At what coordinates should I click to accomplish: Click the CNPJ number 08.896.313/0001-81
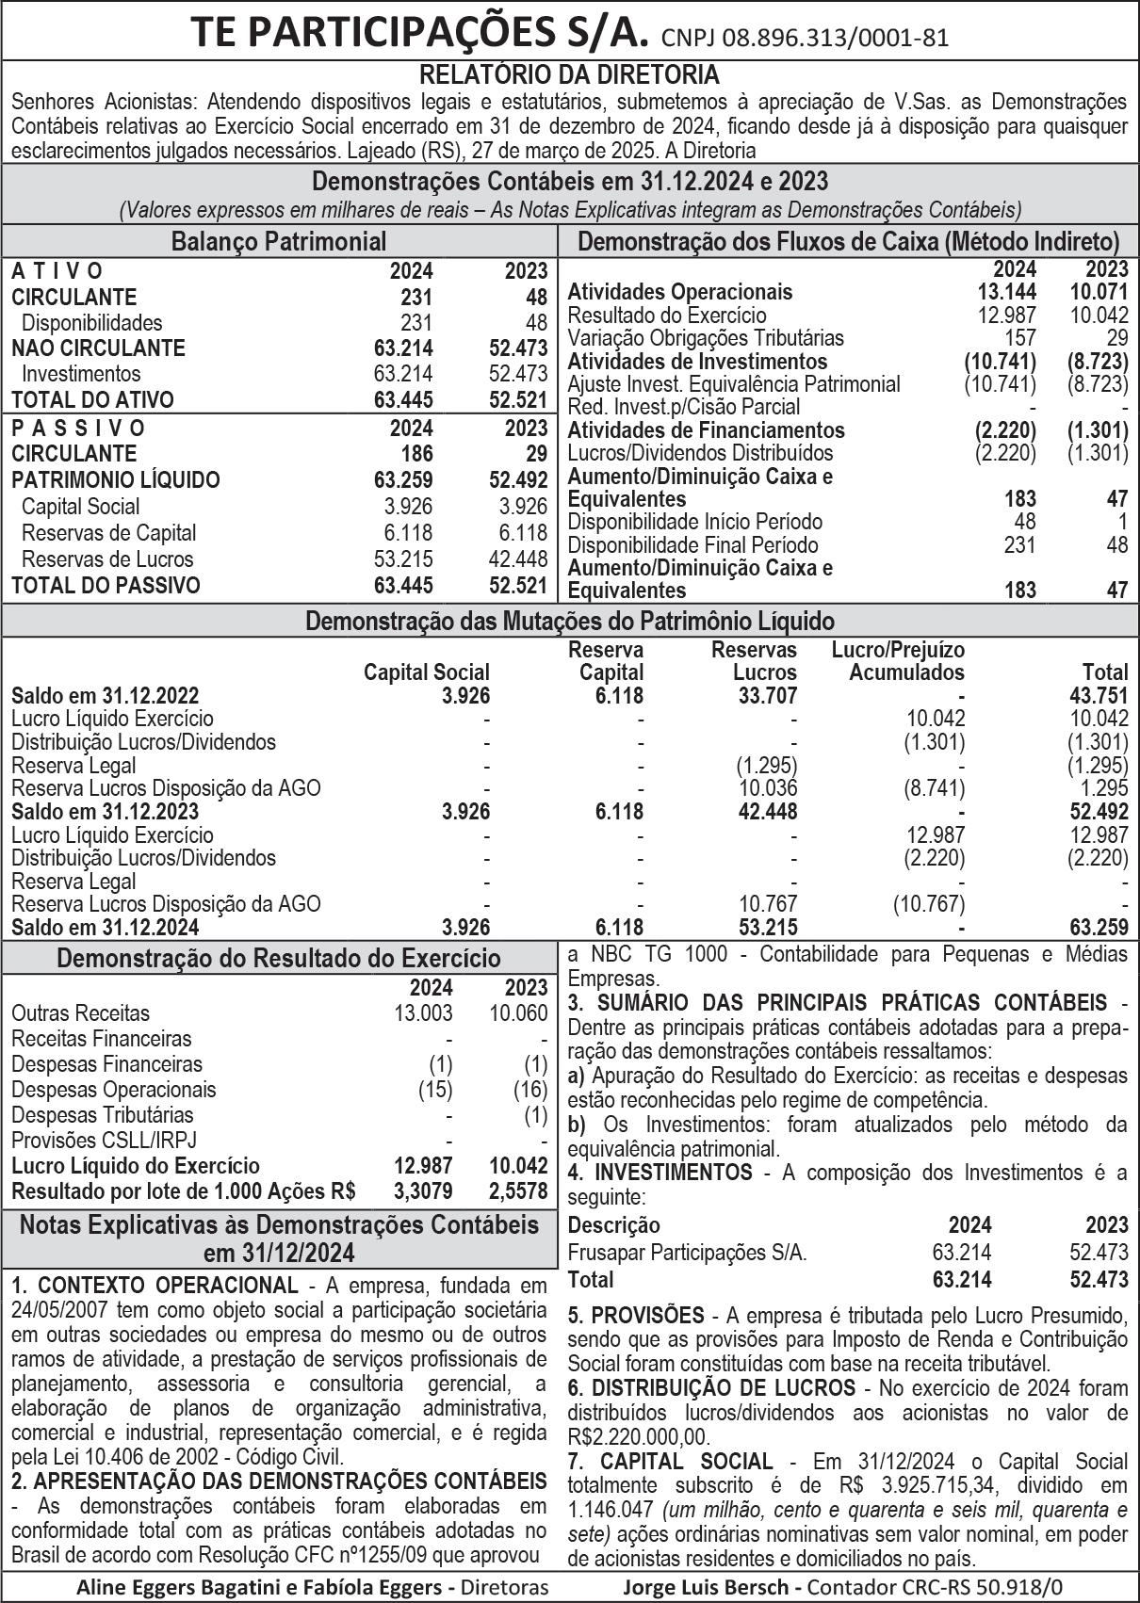click(x=806, y=38)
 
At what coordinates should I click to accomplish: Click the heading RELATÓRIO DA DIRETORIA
click(x=569, y=74)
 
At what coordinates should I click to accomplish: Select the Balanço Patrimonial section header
click(x=279, y=241)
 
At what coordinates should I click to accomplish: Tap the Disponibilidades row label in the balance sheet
click(x=92, y=322)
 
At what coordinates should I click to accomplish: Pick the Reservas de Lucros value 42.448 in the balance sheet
click(x=518, y=559)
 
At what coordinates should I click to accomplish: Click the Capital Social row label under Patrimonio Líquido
click(x=80, y=506)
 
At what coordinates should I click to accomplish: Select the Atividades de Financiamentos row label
click(x=706, y=430)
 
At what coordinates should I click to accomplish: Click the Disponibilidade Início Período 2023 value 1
click(x=1122, y=522)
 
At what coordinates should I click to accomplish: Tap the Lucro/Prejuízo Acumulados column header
click(x=900, y=661)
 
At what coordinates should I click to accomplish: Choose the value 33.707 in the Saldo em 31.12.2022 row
click(x=766, y=696)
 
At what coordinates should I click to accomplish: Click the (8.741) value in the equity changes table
click(x=935, y=788)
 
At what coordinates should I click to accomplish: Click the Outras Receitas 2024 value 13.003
click(x=424, y=1013)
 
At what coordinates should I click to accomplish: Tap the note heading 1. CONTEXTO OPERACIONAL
click(x=154, y=1286)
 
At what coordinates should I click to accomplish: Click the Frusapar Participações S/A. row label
click(x=687, y=1253)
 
